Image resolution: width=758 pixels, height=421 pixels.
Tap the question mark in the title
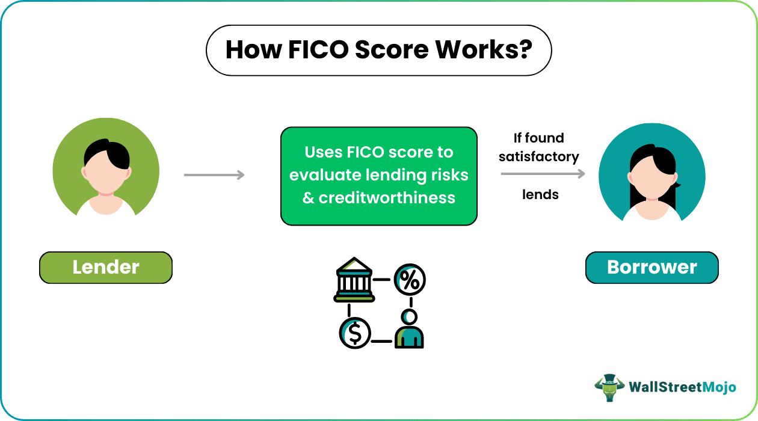point(525,50)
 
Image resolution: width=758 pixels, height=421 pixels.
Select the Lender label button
point(106,267)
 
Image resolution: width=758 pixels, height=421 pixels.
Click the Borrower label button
point(652,267)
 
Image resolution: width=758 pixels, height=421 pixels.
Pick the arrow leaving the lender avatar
point(214,175)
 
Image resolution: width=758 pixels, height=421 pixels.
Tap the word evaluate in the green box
point(325,175)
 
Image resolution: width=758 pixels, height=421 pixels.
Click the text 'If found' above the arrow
point(538,138)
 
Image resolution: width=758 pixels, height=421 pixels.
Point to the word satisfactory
point(538,157)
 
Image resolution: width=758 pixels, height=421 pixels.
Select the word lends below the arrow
point(540,194)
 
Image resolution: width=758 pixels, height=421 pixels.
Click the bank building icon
point(354,280)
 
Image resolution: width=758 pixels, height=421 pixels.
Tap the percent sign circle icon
point(410,280)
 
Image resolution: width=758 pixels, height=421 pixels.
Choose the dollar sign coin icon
point(354,333)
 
